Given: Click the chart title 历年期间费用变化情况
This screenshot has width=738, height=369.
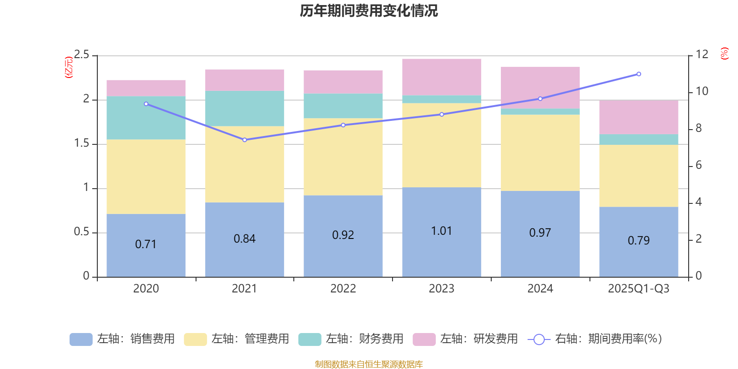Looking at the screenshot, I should (369, 11).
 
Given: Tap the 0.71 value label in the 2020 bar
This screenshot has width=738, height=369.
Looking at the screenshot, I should (146, 244).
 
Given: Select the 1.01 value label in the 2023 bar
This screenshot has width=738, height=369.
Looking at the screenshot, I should (441, 231).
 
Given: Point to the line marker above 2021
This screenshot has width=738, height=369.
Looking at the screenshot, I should (244, 140).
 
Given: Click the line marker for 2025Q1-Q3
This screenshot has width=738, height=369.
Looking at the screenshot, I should (639, 74).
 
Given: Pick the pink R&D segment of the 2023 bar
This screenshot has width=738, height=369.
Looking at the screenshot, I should (441, 77).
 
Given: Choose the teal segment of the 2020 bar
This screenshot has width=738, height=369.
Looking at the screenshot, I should (146, 118).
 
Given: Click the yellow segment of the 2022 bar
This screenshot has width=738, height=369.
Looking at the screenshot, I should (343, 157).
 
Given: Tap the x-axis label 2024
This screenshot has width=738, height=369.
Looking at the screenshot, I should (540, 289).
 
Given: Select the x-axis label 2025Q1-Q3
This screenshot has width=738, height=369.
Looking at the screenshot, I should (638, 289).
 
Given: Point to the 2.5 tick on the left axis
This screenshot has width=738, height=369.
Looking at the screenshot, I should (82, 55).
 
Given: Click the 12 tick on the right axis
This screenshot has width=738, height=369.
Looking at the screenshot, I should (702, 54).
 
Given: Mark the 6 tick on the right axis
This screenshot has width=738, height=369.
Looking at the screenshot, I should (698, 165).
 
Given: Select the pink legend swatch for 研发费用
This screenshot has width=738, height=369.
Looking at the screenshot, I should (424, 339).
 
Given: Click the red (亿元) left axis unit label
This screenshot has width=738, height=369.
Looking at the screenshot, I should (69, 67).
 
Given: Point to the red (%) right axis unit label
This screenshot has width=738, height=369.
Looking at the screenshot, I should (725, 54).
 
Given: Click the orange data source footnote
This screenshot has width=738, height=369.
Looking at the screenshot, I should (369, 364).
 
